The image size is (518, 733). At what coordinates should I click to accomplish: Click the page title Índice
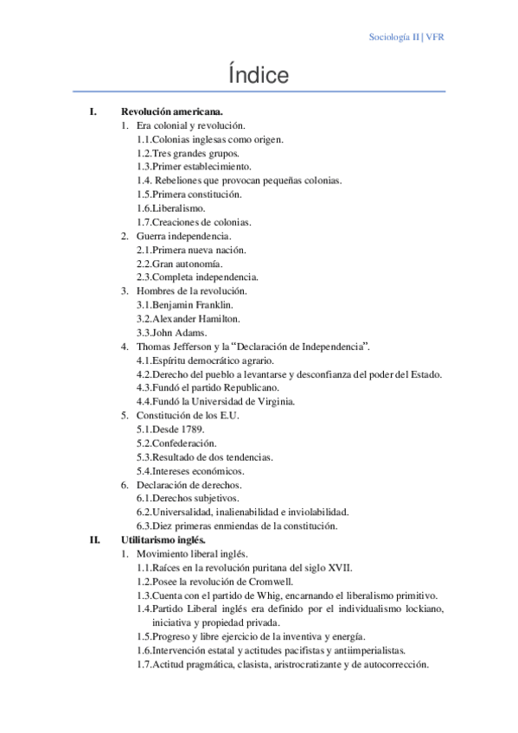[x=259, y=76]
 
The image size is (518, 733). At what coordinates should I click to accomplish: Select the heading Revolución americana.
[x=172, y=112]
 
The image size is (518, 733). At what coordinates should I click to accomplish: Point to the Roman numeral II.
[x=94, y=539]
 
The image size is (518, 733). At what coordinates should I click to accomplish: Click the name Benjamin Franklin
[x=191, y=304]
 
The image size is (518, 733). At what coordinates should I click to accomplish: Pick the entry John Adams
[x=180, y=332]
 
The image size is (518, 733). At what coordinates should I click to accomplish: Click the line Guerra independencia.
[x=183, y=236]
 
